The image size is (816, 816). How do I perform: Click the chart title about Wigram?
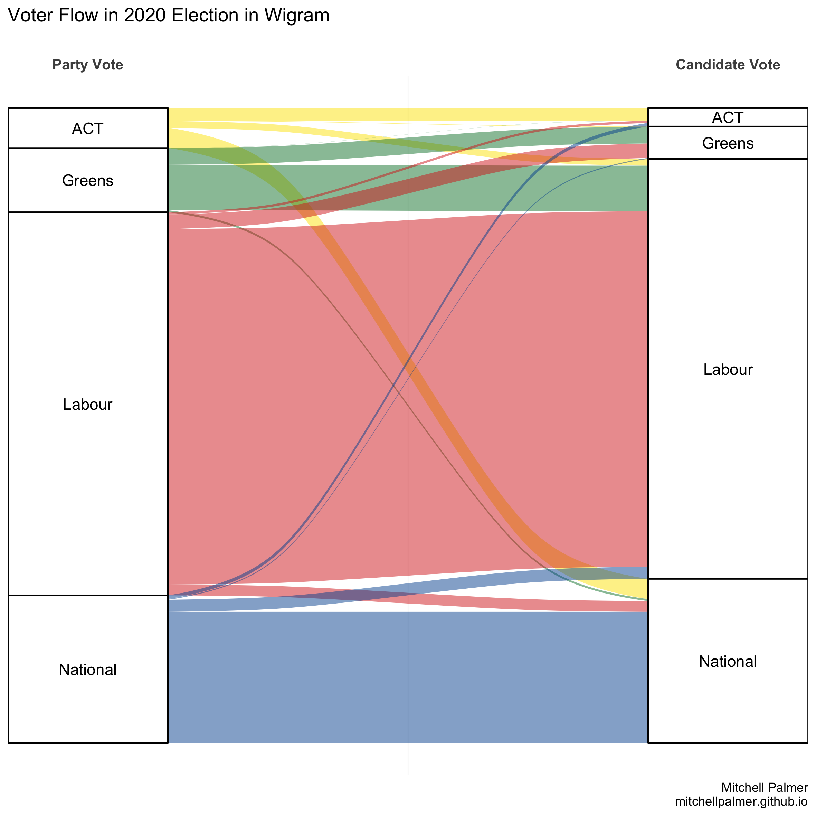[x=169, y=16]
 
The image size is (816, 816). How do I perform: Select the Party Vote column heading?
[x=87, y=65]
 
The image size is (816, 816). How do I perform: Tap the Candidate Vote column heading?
[x=728, y=65]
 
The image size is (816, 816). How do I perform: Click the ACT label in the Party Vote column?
[x=87, y=129]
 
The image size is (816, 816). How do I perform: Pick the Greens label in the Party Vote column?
[x=87, y=181]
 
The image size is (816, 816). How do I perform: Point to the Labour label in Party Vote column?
[x=87, y=405]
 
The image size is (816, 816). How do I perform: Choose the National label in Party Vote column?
[x=87, y=670]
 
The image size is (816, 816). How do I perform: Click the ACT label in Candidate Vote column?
[x=728, y=117]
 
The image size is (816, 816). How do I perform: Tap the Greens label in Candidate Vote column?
[x=728, y=143]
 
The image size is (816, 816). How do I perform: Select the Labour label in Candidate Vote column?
[x=728, y=370]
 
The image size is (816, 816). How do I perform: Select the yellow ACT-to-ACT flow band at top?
[x=408, y=114]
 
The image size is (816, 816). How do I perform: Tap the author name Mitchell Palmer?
[x=765, y=788]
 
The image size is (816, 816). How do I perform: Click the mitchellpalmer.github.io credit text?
[x=741, y=801]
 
